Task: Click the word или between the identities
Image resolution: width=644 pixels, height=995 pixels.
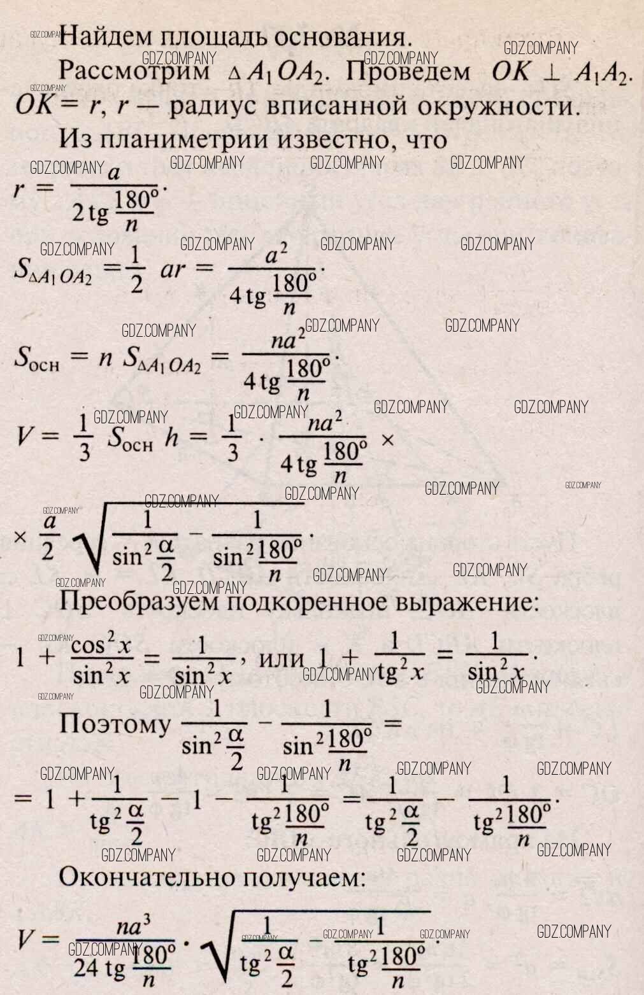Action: point(281,658)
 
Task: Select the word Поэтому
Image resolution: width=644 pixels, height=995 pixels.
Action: point(115,724)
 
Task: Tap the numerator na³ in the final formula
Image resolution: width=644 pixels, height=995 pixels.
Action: point(128,927)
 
